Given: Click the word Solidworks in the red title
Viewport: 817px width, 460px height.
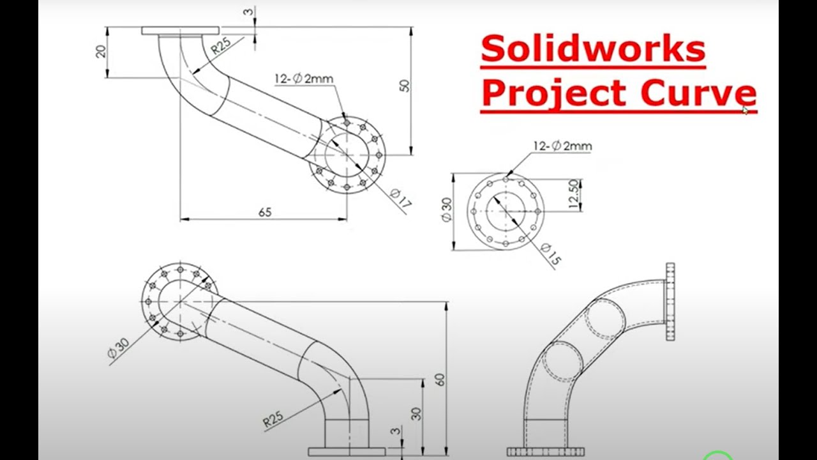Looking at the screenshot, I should coord(592,49).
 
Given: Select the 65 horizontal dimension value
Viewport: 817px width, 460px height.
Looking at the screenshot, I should coord(265,212).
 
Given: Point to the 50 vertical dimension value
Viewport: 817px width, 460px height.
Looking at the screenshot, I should coord(405,86).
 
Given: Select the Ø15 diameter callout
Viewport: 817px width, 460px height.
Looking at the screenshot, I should coord(550,253).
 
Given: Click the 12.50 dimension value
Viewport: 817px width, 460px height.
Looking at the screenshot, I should coord(573,195).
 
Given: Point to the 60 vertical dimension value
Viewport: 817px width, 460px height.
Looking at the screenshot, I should coord(440,379).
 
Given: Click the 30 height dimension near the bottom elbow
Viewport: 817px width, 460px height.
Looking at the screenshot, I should coord(416,413).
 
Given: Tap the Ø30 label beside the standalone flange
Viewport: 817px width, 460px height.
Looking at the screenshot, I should coord(446,210).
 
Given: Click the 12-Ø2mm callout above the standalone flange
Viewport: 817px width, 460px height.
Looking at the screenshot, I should coord(562,146).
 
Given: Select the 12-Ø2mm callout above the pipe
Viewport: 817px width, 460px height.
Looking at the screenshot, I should coord(304,79).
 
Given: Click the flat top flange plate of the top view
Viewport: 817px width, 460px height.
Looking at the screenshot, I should coord(180,30).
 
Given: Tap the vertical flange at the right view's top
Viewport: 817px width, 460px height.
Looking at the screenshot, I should coord(670,301).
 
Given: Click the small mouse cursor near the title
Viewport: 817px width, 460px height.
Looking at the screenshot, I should coord(745,111).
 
